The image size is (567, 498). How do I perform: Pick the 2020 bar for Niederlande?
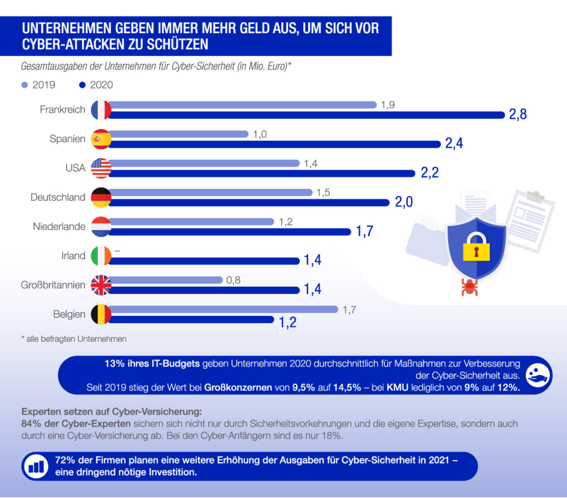(231, 232)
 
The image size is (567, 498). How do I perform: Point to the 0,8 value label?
(233, 280)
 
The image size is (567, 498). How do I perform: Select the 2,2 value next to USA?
(429, 173)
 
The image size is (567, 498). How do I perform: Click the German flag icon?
(101, 197)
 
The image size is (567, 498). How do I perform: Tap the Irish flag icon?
(101, 255)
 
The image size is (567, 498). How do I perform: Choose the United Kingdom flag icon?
(101, 285)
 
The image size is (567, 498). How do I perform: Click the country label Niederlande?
(59, 227)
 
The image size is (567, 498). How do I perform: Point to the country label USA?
(75, 168)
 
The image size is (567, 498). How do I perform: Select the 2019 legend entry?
(39, 85)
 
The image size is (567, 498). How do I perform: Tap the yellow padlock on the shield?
(476, 249)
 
